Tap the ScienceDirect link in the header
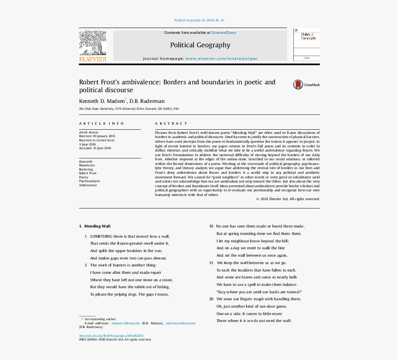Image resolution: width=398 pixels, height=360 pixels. [x=224, y=32]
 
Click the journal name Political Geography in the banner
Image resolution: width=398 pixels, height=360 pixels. [x=200, y=45]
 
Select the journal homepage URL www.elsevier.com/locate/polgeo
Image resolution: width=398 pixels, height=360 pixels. [x=221, y=58]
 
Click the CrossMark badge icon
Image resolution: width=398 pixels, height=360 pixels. [x=298, y=84]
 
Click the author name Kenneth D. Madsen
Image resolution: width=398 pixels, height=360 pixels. [x=102, y=101]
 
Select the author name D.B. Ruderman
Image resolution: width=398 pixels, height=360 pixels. [x=147, y=101]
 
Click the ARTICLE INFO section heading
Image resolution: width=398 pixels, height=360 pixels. [x=101, y=124]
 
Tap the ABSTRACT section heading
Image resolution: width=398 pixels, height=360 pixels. [x=171, y=124]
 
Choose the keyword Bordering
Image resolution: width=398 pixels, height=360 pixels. [x=86, y=169]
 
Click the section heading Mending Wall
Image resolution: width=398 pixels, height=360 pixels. [x=97, y=226]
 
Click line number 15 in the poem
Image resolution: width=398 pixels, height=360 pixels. [x=211, y=263]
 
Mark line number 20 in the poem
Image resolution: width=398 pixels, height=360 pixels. [x=211, y=299]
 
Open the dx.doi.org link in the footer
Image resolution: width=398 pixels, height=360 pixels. [x=111, y=335]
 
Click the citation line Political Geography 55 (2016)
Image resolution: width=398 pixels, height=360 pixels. [x=199, y=20]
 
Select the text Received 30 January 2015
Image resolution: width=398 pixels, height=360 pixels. [x=97, y=136]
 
